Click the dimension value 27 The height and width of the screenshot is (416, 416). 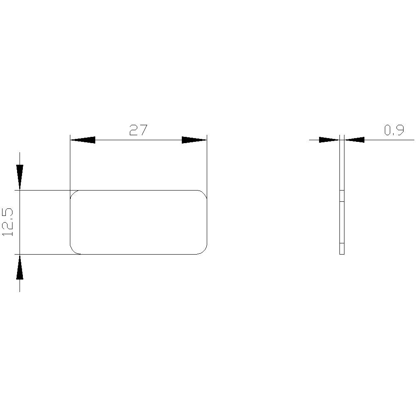tap(138, 131)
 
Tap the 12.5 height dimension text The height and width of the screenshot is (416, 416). tap(8, 222)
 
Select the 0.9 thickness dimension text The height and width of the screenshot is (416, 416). tap(394, 131)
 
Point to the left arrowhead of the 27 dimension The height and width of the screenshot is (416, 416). tap(82, 140)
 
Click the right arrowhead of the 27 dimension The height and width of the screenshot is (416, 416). tap(194, 140)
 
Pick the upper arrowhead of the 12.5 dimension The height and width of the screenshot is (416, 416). tap(20, 177)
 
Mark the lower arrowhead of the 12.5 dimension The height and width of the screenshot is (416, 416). tap(20, 267)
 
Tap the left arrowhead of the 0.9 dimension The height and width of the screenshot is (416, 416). tap(329, 140)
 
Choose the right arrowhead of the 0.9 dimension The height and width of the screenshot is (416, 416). tap(354, 140)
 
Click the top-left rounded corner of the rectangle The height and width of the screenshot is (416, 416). tap(74, 194)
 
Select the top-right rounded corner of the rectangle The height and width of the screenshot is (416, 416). tap(203, 194)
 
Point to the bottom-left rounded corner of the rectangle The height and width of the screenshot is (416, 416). tap(74, 250)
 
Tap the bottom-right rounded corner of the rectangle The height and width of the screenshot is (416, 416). tap(203, 250)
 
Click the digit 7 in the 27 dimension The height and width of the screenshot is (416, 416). tap(144, 131)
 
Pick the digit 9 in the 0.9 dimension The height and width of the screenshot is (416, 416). tap(399, 131)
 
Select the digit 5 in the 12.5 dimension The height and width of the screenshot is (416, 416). tap(8, 213)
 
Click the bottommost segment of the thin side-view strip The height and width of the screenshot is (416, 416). tap(342, 248)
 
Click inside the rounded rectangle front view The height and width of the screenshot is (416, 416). tap(139, 222)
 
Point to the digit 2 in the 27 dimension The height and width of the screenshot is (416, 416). tap(133, 131)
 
